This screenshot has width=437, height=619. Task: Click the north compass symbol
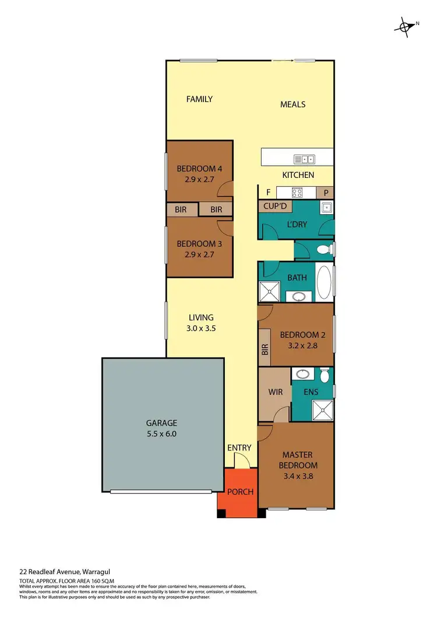[x=404, y=26]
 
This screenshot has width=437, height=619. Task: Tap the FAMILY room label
[x=199, y=99]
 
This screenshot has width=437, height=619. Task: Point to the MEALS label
[x=292, y=104]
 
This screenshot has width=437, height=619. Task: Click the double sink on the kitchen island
[x=305, y=159]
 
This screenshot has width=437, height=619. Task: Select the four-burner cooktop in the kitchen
[x=297, y=193]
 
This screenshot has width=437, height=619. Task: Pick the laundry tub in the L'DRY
[x=326, y=207]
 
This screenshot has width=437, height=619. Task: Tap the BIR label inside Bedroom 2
[x=265, y=350]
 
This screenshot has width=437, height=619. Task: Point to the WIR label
[x=276, y=392]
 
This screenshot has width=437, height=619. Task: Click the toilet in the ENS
[x=325, y=376]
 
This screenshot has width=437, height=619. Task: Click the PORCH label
[x=240, y=492]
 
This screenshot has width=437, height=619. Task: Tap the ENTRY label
[x=239, y=448]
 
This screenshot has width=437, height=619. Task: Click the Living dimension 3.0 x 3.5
[x=202, y=328]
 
